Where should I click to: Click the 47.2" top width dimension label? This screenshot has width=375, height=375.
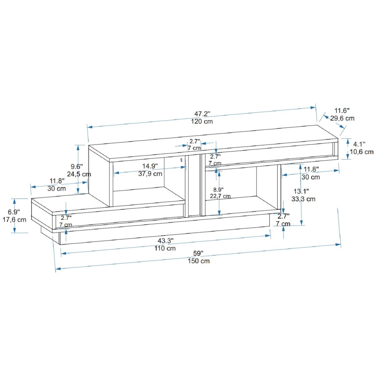tap(202, 113)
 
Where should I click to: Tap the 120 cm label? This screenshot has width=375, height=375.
tap(202, 122)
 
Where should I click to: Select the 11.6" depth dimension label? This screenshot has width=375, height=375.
tap(342, 110)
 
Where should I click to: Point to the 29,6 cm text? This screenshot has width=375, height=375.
tap(342, 118)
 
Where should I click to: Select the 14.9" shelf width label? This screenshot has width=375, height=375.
tap(150, 166)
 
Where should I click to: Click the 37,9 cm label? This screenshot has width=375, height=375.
tap(150, 173)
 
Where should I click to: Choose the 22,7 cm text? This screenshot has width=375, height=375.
tap(220, 196)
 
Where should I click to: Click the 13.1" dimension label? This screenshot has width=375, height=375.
tap(302, 191)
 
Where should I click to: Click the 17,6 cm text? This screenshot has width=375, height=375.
tap(14, 219)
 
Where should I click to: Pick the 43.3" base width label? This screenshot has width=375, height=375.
tap(165, 241)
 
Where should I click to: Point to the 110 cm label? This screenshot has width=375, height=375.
tap(165, 248)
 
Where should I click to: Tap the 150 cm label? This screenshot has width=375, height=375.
tap(199, 261)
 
